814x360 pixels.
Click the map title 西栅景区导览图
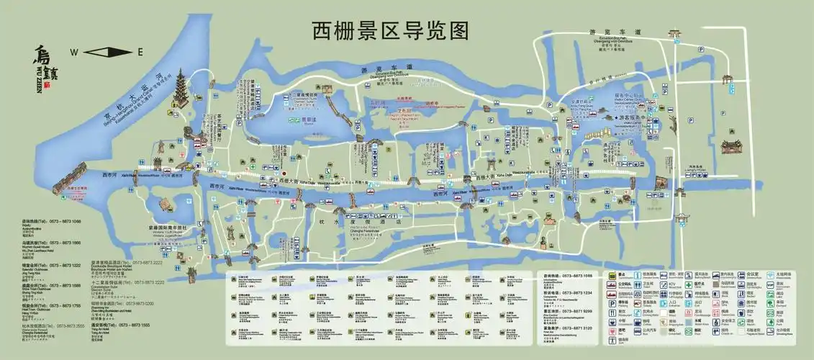pyautogui.click(x=390, y=30)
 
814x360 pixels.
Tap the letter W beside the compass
pyautogui.click(x=73, y=52)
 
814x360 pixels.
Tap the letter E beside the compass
pyautogui.click(x=140, y=52)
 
